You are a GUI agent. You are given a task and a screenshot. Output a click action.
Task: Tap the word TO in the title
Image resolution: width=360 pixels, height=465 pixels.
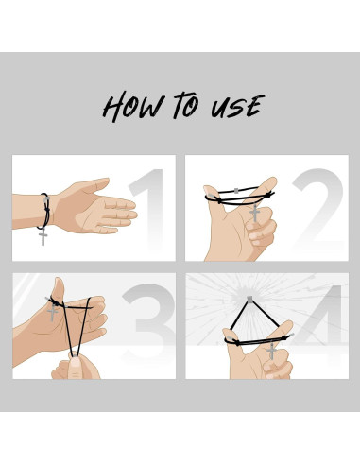pyautogui.click(x=186, y=105)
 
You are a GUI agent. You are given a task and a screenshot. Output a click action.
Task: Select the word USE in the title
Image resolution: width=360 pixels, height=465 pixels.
pyautogui.click(x=237, y=106)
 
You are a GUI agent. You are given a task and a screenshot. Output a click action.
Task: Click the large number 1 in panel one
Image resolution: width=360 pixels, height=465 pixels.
pyautogui.click(x=147, y=209)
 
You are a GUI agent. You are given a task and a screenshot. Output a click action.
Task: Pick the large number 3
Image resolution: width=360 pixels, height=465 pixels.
pyautogui.click(x=148, y=321)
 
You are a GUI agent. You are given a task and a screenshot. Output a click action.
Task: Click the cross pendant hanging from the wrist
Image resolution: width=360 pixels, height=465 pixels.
pyautogui.click(x=43, y=237)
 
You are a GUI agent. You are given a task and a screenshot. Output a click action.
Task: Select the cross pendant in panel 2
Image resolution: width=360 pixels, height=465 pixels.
pyautogui.click(x=255, y=213)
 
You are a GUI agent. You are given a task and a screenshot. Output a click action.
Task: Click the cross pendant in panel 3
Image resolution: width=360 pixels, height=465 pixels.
pyautogui.click(x=52, y=312)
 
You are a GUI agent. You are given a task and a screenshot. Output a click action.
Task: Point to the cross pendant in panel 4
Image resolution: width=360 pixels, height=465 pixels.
pyautogui.click(x=271, y=351)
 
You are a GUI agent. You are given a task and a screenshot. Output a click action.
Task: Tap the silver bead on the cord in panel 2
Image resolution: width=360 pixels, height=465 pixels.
pyautogui.click(x=236, y=190)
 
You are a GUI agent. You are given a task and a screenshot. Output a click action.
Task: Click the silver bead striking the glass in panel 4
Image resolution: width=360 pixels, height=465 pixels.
pyautogui.click(x=249, y=300)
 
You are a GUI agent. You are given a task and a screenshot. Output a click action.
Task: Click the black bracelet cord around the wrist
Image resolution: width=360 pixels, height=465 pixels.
pyautogui.click(x=45, y=211)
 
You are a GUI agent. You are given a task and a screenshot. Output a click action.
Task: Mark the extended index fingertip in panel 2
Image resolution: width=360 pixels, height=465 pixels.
pyautogui.click(x=271, y=183)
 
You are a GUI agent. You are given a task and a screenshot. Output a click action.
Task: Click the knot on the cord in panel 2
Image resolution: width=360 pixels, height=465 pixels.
pyautogui.click(x=267, y=195)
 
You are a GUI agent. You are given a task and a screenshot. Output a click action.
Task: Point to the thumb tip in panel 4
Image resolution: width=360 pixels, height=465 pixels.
pyautogui.click(x=228, y=333)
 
